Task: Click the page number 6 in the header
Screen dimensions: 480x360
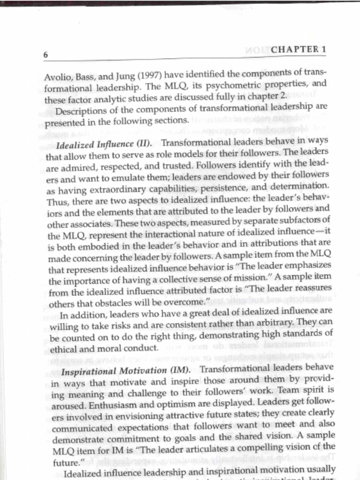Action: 46,55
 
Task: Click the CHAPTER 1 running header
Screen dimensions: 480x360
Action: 298,49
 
